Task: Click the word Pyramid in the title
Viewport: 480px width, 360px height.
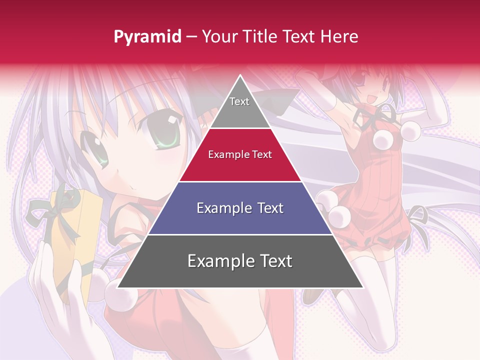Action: tap(147, 37)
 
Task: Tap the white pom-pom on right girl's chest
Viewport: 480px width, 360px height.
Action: tap(410, 131)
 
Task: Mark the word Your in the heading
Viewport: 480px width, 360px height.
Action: tap(217, 36)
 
